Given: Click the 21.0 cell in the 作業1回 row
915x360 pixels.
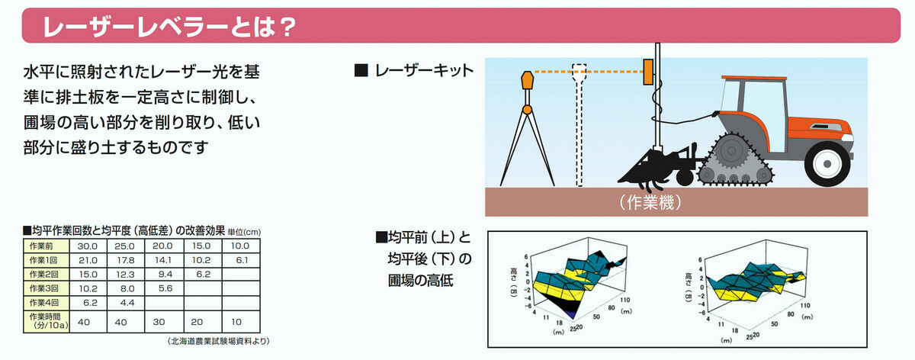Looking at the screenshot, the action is tap(83, 260).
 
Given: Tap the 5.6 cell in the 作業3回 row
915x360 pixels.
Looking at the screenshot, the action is tap(164, 288).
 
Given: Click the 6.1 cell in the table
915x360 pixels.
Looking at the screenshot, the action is tap(241, 260).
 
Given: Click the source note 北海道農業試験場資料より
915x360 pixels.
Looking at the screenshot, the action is tap(218, 341).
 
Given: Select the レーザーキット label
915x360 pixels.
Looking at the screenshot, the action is tap(422, 71).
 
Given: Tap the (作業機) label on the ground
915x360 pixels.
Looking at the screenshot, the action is tap(649, 202).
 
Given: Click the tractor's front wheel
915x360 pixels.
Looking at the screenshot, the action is tap(828, 162).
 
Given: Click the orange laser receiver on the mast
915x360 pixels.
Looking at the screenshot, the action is tap(648, 71).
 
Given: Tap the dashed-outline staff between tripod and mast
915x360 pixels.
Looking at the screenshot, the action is tap(580, 122).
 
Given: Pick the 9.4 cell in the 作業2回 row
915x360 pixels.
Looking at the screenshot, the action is tap(164, 274).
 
